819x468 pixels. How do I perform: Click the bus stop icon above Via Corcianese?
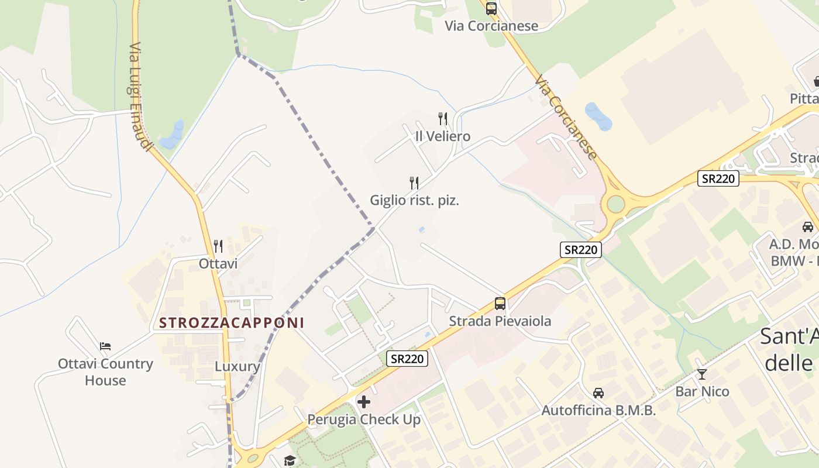pyautogui.click(x=491, y=9)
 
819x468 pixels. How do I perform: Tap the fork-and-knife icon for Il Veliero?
pyautogui.click(x=443, y=119)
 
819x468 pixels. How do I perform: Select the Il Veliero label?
pyautogui.click(x=442, y=136)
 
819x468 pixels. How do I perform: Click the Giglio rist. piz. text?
pyautogui.click(x=414, y=200)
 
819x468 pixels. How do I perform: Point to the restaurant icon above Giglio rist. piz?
pyautogui.click(x=414, y=183)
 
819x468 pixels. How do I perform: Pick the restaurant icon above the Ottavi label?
pyautogui.click(x=218, y=246)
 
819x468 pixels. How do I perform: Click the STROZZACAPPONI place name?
pyautogui.click(x=232, y=322)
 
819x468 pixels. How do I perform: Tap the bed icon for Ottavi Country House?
pyautogui.click(x=105, y=346)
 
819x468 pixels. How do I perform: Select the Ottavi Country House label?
pyautogui.click(x=105, y=371)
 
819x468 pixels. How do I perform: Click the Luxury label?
pyautogui.click(x=237, y=366)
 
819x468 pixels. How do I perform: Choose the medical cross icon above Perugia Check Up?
pyautogui.click(x=364, y=402)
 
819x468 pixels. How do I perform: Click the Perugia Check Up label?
pyautogui.click(x=364, y=419)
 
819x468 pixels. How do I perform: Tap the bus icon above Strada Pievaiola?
pyautogui.click(x=500, y=304)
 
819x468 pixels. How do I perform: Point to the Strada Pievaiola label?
pyautogui.click(x=500, y=321)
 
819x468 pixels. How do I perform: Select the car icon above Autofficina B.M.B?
pyautogui.click(x=598, y=393)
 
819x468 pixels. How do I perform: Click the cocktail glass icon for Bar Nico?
pyautogui.click(x=702, y=374)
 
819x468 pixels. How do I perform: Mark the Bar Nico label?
pyautogui.click(x=702, y=391)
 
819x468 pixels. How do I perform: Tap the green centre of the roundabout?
pyautogui.click(x=616, y=204)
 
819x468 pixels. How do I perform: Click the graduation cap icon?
pyautogui.click(x=290, y=461)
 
